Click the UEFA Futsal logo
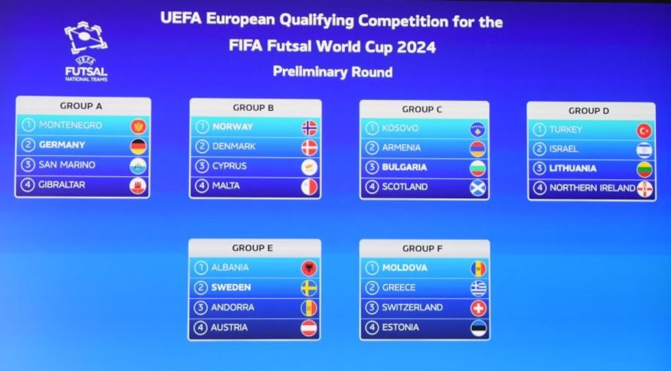[x=86, y=51]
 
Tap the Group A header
[x=81, y=106]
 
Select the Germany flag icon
[x=138, y=147]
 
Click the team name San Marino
[x=67, y=165]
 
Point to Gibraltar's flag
[x=138, y=186]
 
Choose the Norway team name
[x=233, y=127]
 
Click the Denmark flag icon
[x=309, y=147]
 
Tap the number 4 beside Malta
[x=201, y=186]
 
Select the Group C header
[x=422, y=109]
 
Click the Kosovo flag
[x=478, y=130]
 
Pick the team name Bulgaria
[x=405, y=167]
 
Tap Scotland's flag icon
[x=478, y=188]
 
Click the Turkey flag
[x=644, y=131]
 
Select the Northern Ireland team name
[x=592, y=188]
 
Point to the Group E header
[x=253, y=248]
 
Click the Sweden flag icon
[x=309, y=288]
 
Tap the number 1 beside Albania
[x=201, y=267]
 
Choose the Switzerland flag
[x=479, y=309]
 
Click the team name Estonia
[x=401, y=327]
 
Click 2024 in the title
[x=416, y=47]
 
